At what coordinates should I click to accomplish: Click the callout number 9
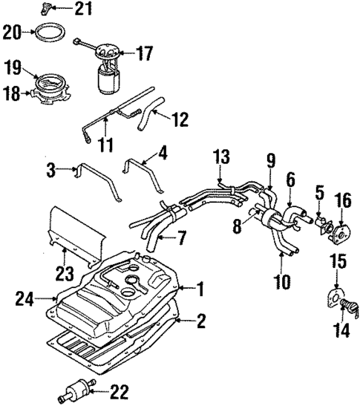pyautogui.click(x=271, y=179)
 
